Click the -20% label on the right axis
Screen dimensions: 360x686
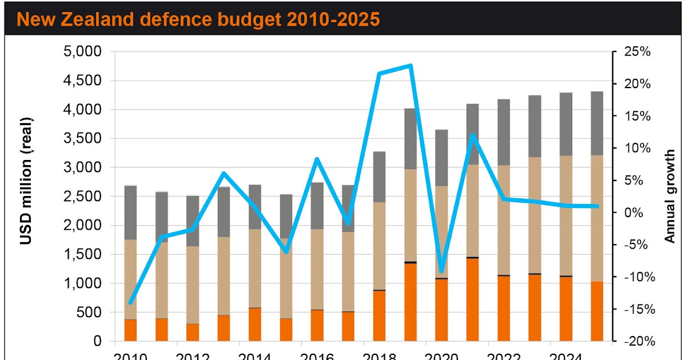point(636,342)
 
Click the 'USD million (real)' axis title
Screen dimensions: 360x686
point(26,180)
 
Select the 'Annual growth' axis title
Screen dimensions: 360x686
point(670,197)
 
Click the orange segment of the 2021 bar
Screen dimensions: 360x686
point(472,300)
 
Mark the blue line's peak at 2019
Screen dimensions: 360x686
point(410,66)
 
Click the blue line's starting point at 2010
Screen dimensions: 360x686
point(131,302)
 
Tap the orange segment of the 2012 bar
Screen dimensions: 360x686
point(193,333)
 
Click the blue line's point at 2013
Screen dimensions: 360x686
point(224,173)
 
